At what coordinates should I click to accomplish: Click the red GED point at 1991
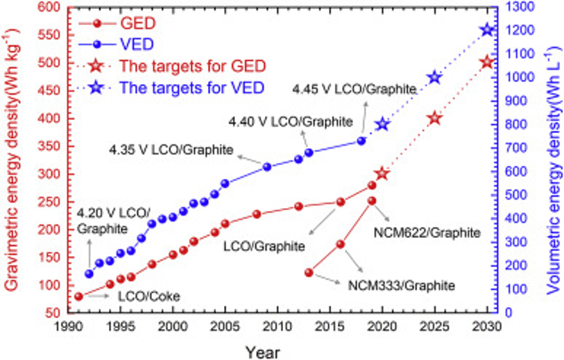tap(78, 296)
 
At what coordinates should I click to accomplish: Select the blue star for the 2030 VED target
tap(487, 30)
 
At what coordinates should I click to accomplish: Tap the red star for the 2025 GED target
tap(434, 118)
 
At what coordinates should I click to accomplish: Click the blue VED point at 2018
tap(361, 141)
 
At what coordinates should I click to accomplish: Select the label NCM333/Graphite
tap(402, 284)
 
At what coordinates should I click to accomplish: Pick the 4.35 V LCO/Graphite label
tap(171, 149)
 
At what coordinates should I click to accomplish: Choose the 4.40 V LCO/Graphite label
tap(291, 121)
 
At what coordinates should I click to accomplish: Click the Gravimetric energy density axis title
tap(12, 160)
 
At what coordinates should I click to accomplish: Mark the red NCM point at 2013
tap(309, 273)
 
